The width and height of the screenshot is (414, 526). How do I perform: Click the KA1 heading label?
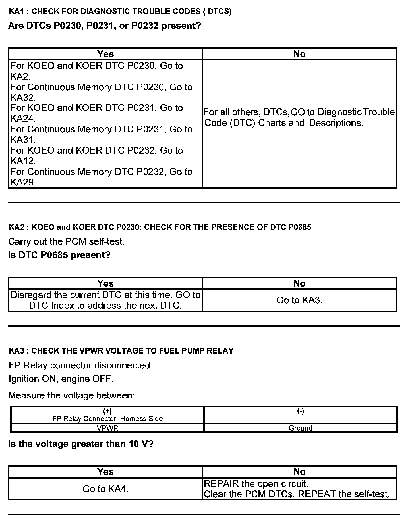17,11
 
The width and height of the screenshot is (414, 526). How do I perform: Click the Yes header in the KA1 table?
105,54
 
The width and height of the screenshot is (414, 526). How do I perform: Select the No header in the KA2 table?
299,283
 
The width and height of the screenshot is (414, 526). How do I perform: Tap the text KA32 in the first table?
23,98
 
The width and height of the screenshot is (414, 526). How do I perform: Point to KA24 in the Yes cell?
23,118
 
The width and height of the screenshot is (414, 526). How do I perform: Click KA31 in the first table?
23,140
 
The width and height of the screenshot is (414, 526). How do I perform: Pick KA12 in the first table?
23,161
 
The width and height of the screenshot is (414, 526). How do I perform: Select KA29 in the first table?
23,182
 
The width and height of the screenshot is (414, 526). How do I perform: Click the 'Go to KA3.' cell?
299,300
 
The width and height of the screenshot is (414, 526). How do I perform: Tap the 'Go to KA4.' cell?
105,489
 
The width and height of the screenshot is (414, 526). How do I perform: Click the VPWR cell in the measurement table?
107,428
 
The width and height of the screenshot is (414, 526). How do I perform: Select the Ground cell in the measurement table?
301,428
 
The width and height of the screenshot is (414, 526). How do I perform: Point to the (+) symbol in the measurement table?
107,411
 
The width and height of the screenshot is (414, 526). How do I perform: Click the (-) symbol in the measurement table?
301,411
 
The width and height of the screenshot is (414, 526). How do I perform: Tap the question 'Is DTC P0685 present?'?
59,255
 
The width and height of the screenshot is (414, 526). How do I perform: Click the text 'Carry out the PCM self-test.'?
66,241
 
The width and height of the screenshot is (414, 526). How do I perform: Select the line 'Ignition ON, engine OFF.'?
61,379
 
